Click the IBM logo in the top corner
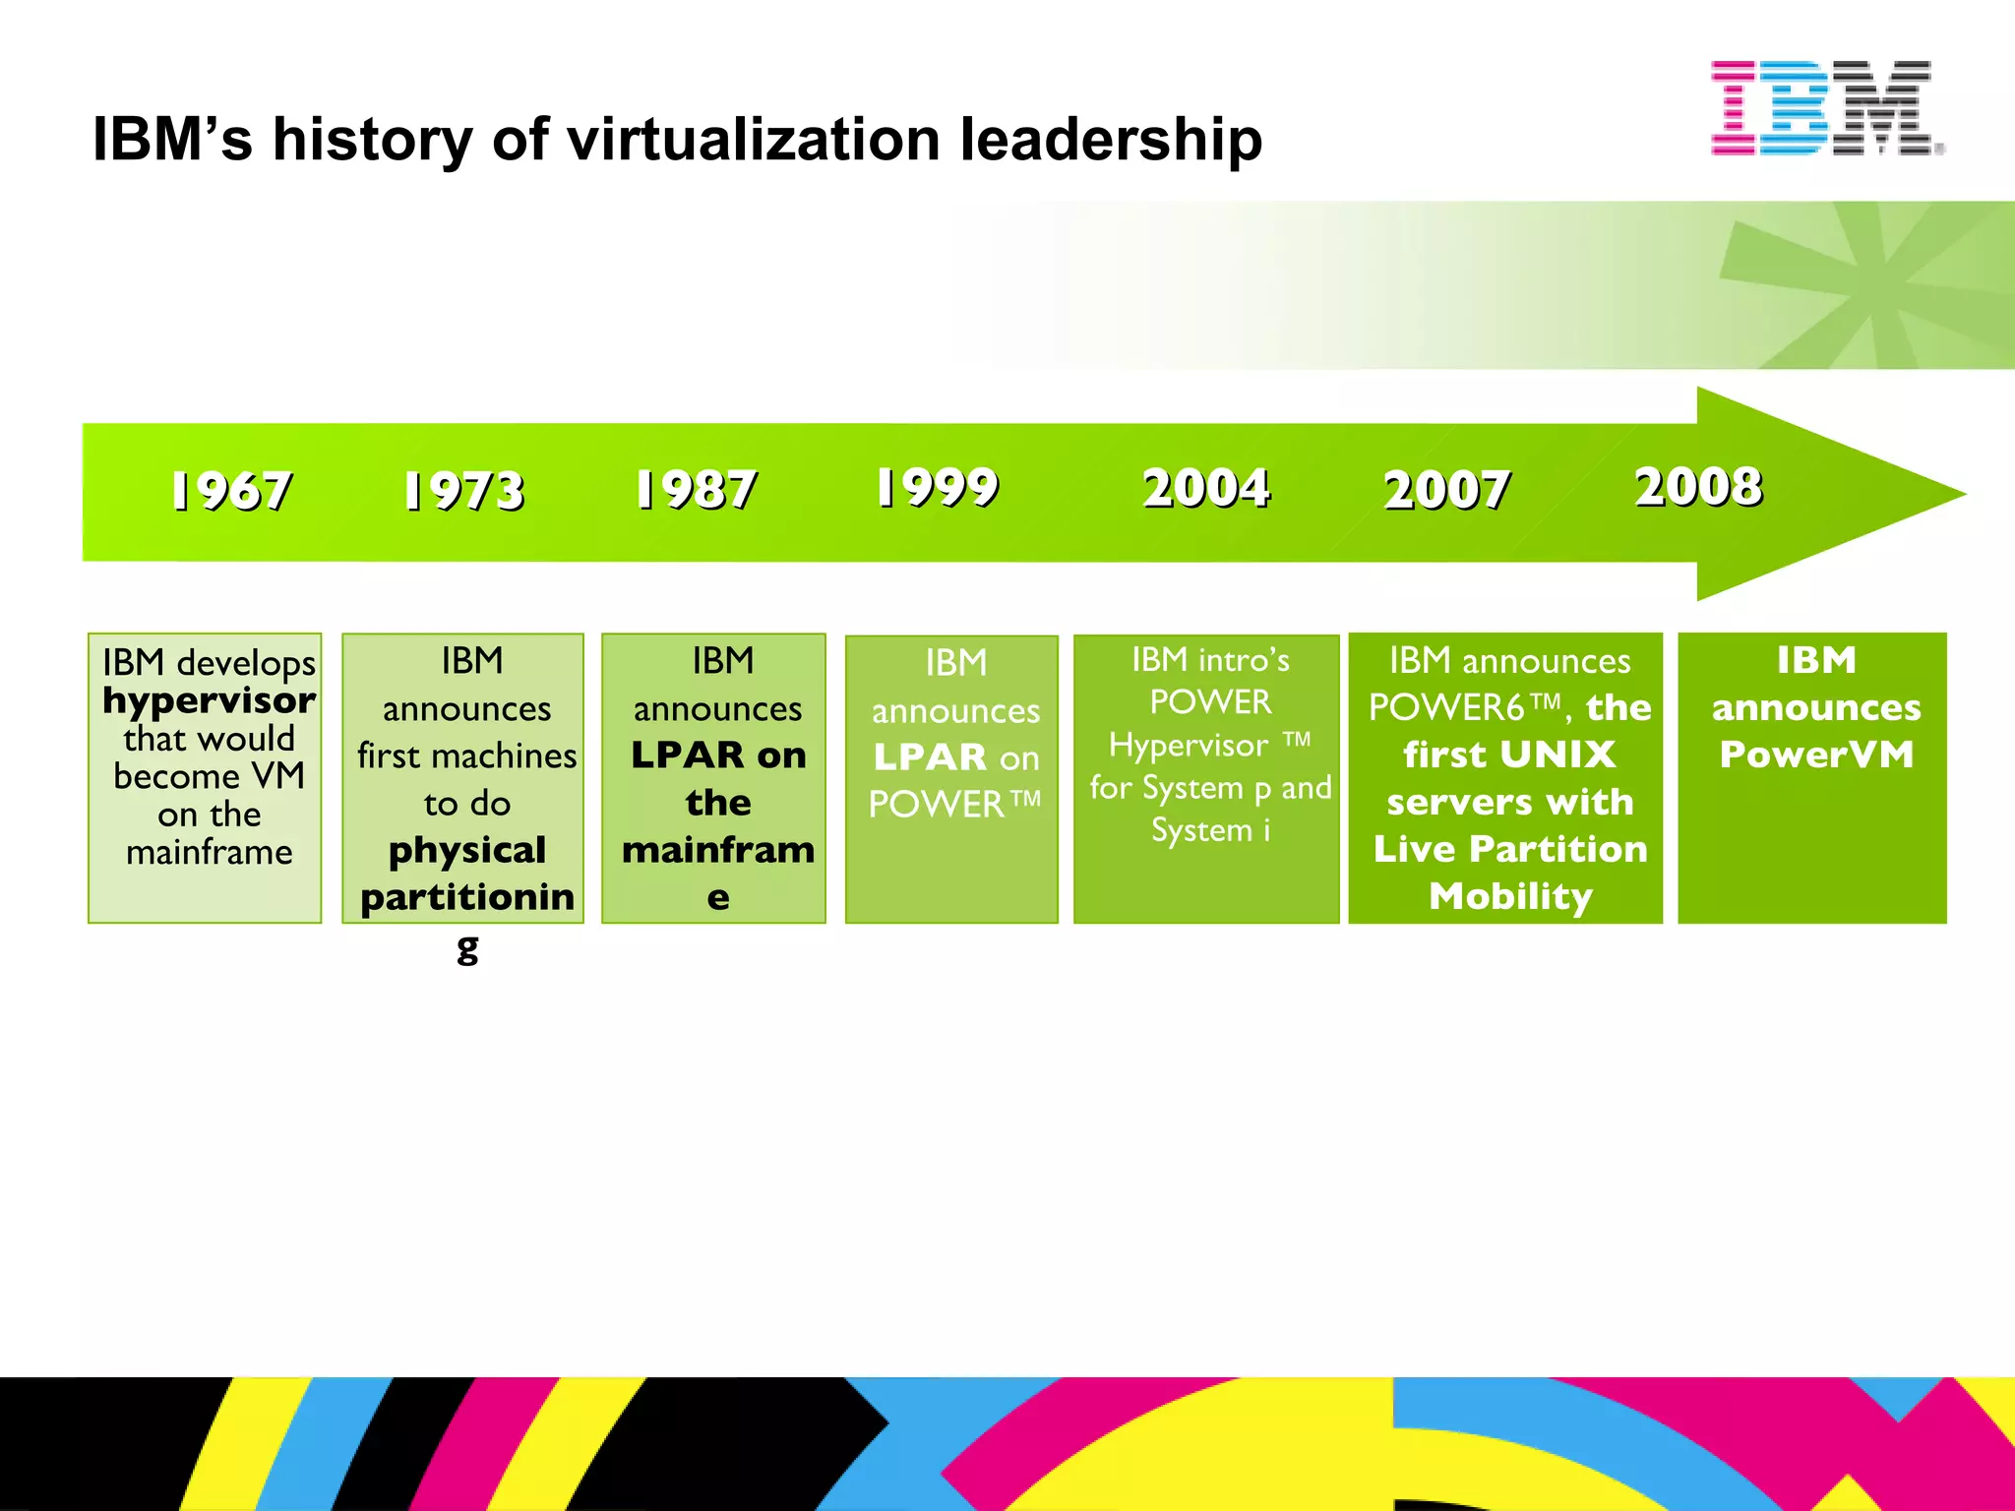click(x=1826, y=108)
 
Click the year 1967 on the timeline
click(x=231, y=490)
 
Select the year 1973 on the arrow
click(x=464, y=490)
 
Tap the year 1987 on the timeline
click(x=697, y=489)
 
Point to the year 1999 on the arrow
click(x=938, y=487)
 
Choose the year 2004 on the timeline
click(x=1206, y=488)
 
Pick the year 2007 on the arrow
click(x=1446, y=490)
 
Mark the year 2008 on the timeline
click(x=1699, y=486)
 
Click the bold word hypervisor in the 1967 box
click(x=210, y=701)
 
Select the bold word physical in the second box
click(x=467, y=851)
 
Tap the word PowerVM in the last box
click(x=1816, y=755)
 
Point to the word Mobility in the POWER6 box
click(x=1510, y=896)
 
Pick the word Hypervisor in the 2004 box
click(x=1189, y=746)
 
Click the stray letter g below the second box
click(x=467, y=949)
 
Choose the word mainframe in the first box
click(x=210, y=852)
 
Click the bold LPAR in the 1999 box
click(x=930, y=757)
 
